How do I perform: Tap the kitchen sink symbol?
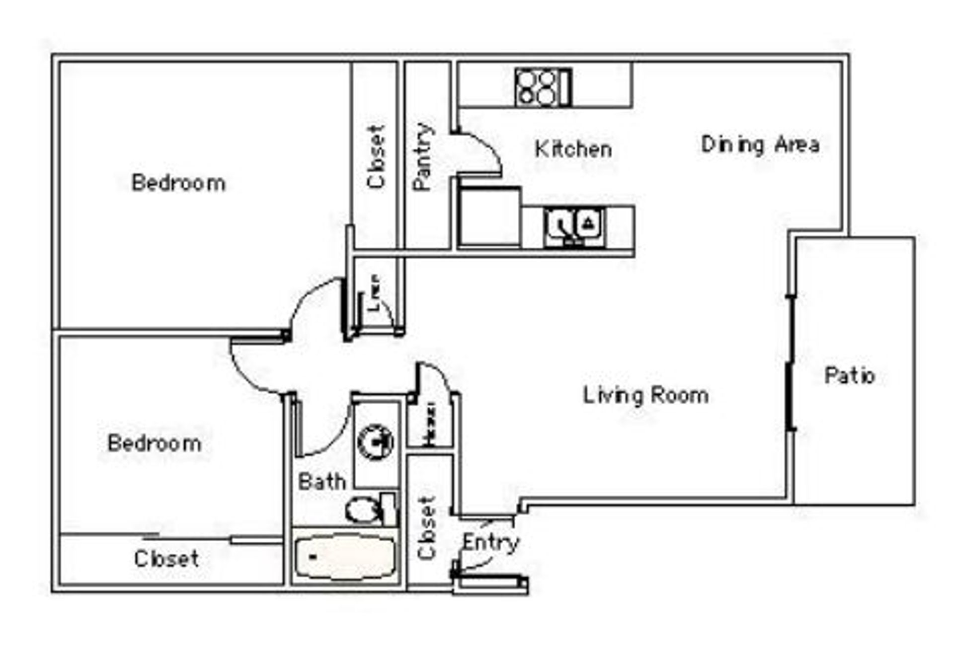pyautogui.click(x=575, y=226)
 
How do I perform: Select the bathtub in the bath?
pyautogui.click(x=345, y=557)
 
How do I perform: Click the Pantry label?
pyautogui.click(x=423, y=156)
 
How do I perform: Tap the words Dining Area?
pyautogui.click(x=760, y=145)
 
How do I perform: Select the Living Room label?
pyautogui.click(x=645, y=396)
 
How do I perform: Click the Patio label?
pyautogui.click(x=849, y=375)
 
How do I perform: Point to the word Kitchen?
pyautogui.click(x=573, y=149)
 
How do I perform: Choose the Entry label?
pyautogui.click(x=490, y=543)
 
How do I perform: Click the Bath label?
pyautogui.click(x=321, y=482)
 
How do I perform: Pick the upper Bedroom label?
pyautogui.click(x=178, y=183)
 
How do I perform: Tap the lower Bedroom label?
pyautogui.click(x=155, y=443)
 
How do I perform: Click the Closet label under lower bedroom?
pyautogui.click(x=166, y=559)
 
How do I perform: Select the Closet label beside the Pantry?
pyautogui.click(x=376, y=156)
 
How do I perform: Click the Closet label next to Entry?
pyautogui.click(x=427, y=527)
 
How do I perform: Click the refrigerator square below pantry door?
pyautogui.click(x=489, y=217)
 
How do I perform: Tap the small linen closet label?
pyautogui.click(x=374, y=293)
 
